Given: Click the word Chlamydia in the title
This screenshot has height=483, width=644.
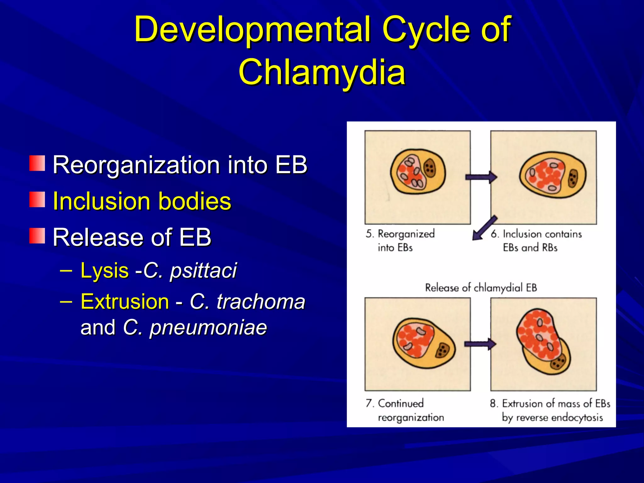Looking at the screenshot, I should [322, 72].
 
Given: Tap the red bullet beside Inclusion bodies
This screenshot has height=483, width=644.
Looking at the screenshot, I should [37, 200].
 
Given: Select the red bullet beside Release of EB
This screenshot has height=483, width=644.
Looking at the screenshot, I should [37, 236].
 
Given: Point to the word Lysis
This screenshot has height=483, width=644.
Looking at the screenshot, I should [104, 270].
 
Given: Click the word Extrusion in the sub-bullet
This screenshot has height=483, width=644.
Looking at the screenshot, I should [125, 302].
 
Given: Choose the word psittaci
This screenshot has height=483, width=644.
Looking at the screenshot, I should [203, 270].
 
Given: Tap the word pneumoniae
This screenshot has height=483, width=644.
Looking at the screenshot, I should [208, 328].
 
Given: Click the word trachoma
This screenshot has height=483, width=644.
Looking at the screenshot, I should [261, 302].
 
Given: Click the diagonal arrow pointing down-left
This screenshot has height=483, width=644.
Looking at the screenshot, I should [484, 228].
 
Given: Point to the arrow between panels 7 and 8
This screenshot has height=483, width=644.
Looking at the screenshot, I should [480, 344].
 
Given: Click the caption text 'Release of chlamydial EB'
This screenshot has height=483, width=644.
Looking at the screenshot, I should [481, 287].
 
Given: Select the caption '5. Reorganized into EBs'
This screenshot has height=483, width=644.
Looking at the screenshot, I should [400, 241].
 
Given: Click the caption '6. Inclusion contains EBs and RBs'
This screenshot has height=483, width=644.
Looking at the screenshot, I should [536, 241].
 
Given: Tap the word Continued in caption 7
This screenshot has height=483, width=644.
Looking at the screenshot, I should [401, 403].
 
